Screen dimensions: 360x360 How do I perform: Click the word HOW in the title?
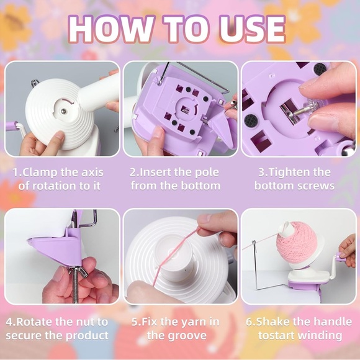(110, 29)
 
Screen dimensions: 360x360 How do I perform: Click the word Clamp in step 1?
(40, 173)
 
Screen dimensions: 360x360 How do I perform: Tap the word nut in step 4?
(85, 322)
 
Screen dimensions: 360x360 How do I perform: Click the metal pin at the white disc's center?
(63, 111)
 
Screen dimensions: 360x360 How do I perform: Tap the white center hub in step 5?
(178, 262)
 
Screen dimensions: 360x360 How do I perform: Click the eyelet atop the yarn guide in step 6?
(254, 243)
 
